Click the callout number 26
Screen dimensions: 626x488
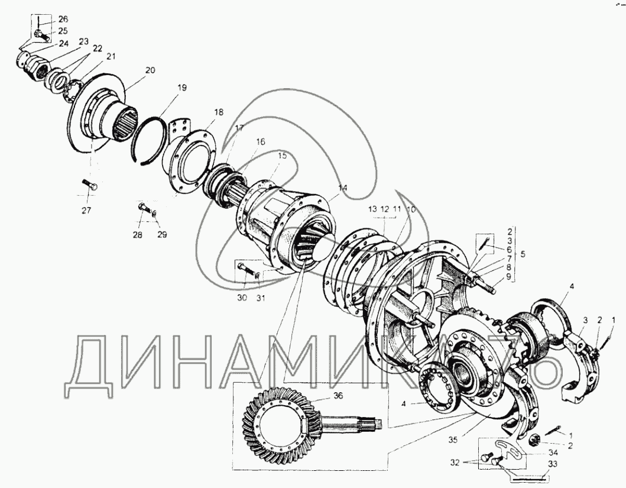(63, 19)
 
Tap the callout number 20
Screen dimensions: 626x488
(150, 70)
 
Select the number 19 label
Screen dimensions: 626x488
(181, 88)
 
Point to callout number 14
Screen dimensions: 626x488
(342, 188)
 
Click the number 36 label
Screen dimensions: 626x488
(339, 396)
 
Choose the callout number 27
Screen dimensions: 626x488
(87, 211)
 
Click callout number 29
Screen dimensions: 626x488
(162, 234)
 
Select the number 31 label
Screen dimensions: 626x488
(260, 298)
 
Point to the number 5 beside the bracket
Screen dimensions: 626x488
(523, 254)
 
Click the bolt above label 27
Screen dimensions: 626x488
(90, 185)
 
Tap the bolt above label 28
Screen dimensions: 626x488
(144, 208)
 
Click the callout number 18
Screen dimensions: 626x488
(218, 112)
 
